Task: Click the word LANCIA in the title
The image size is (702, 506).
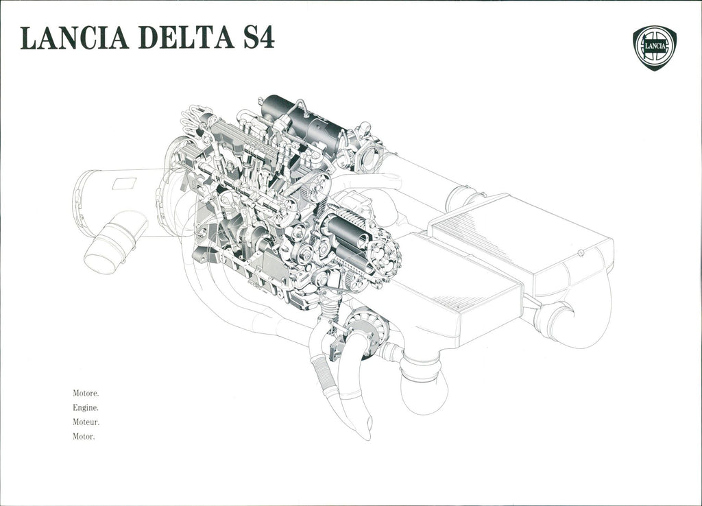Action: [x=75, y=38]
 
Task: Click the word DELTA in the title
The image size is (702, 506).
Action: [x=186, y=38]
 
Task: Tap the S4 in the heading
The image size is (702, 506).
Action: [x=258, y=38]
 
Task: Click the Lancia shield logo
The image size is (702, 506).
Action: [x=654, y=48]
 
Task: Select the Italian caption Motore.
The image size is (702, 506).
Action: [x=86, y=394]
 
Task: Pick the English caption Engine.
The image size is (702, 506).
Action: [x=85, y=408]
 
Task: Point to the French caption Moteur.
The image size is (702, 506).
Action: [x=86, y=422]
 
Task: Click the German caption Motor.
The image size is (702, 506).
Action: [x=84, y=437]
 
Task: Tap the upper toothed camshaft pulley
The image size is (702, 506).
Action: [x=317, y=185]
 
